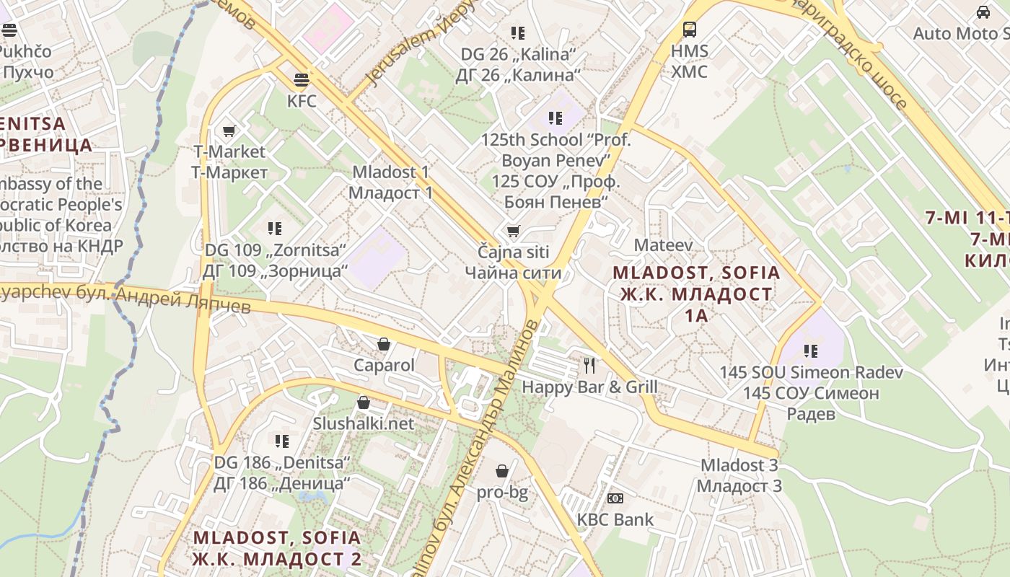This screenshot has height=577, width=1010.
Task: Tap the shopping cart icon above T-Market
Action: tap(229, 131)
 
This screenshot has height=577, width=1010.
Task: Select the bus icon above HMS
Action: tap(690, 30)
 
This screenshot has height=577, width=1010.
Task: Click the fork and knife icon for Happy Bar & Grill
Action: tap(589, 366)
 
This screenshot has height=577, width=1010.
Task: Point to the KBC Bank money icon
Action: tap(615, 498)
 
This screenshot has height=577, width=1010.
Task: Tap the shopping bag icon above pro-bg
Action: tap(502, 471)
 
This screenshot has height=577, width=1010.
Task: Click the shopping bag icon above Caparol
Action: tap(384, 344)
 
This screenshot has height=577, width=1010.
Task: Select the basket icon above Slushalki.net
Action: tap(364, 402)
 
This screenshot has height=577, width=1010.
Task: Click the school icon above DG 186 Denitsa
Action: tap(282, 441)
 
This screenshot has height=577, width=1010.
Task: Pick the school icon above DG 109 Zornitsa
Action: tap(275, 229)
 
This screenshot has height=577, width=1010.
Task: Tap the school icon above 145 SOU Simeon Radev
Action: tap(811, 351)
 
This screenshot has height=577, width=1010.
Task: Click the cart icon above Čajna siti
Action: tap(513, 232)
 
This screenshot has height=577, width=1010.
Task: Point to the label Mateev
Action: tap(663, 245)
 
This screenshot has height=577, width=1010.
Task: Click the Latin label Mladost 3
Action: tap(739, 465)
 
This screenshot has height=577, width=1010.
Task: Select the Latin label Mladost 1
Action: tap(390, 172)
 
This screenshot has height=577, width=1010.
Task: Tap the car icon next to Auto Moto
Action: tap(983, 12)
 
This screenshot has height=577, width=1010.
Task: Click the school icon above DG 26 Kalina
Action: tap(518, 32)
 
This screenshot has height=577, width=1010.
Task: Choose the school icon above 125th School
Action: tap(555, 118)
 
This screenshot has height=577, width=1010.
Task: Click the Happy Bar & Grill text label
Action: tap(589, 387)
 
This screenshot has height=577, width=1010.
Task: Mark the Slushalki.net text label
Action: tap(364, 423)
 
